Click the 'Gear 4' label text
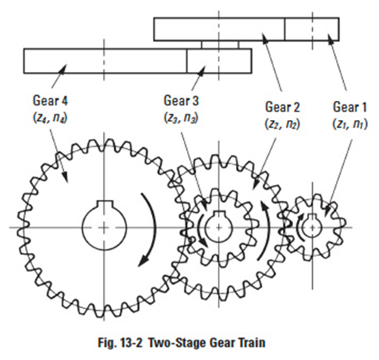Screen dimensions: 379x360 click(x=50, y=101)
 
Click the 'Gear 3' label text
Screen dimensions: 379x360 click(x=181, y=101)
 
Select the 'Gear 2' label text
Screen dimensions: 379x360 click(x=283, y=107)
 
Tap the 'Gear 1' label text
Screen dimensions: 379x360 click(x=350, y=107)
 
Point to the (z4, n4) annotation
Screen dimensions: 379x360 click(x=50, y=118)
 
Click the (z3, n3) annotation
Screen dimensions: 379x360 click(x=181, y=118)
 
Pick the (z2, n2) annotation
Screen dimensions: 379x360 click(x=283, y=124)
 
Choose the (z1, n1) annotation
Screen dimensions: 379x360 click(x=350, y=124)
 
